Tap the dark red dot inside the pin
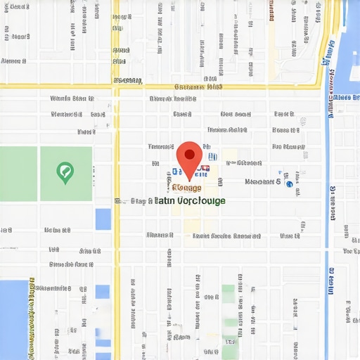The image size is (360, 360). (x=189, y=153)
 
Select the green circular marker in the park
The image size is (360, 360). (x=65, y=171)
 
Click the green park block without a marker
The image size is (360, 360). (x=18, y=174)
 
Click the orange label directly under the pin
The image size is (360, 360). (x=187, y=188)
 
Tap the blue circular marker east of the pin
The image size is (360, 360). (x=288, y=183)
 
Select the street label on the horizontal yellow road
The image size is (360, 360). (x=198, y=86)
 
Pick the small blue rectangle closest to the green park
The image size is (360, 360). (x=103, y=219)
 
